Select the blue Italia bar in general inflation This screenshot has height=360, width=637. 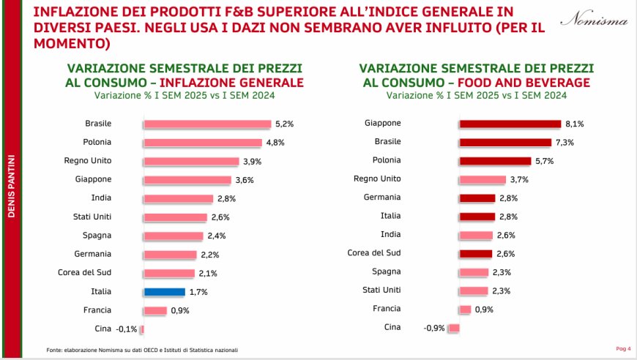tap(164, 291)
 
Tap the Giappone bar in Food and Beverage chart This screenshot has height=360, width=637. tap(508, 124)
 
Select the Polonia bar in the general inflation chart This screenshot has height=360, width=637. tap(202, 143)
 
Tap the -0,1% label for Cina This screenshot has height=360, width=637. tap(127, 329)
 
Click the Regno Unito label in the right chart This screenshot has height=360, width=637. tap(377, 179)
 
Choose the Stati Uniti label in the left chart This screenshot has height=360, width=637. tap(92, 217)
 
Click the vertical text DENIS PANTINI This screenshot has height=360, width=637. tap(11, 186)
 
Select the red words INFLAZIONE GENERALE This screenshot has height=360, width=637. tap(231, 83)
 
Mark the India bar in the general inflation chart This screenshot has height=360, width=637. tap(178, 198)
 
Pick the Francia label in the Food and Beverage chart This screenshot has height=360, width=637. tap(387, 309)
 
